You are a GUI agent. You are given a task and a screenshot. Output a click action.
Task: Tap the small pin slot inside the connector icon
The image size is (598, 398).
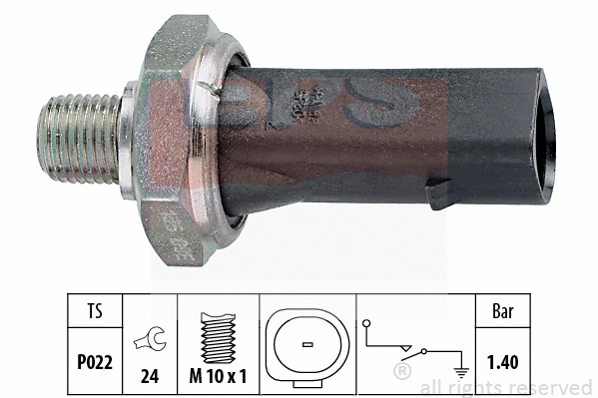point(305,344)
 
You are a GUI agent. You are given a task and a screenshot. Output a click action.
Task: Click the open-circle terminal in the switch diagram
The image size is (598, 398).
point(367,324)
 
